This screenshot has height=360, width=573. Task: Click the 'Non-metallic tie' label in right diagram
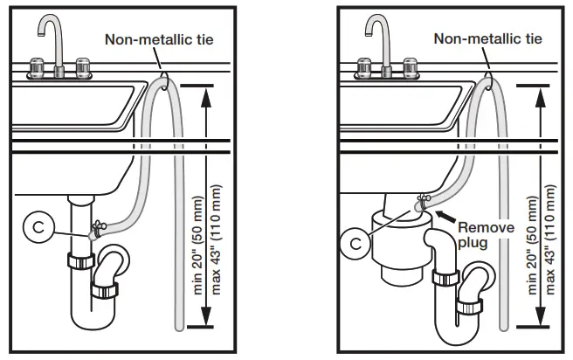(x=487, y=39)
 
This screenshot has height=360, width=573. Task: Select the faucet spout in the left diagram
(x=52, y=35)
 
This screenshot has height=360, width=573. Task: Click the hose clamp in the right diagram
(x=423, y=203)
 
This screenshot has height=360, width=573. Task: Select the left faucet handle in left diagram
(x=38, y=66)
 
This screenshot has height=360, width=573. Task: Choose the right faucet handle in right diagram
(x=408, y=66)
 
